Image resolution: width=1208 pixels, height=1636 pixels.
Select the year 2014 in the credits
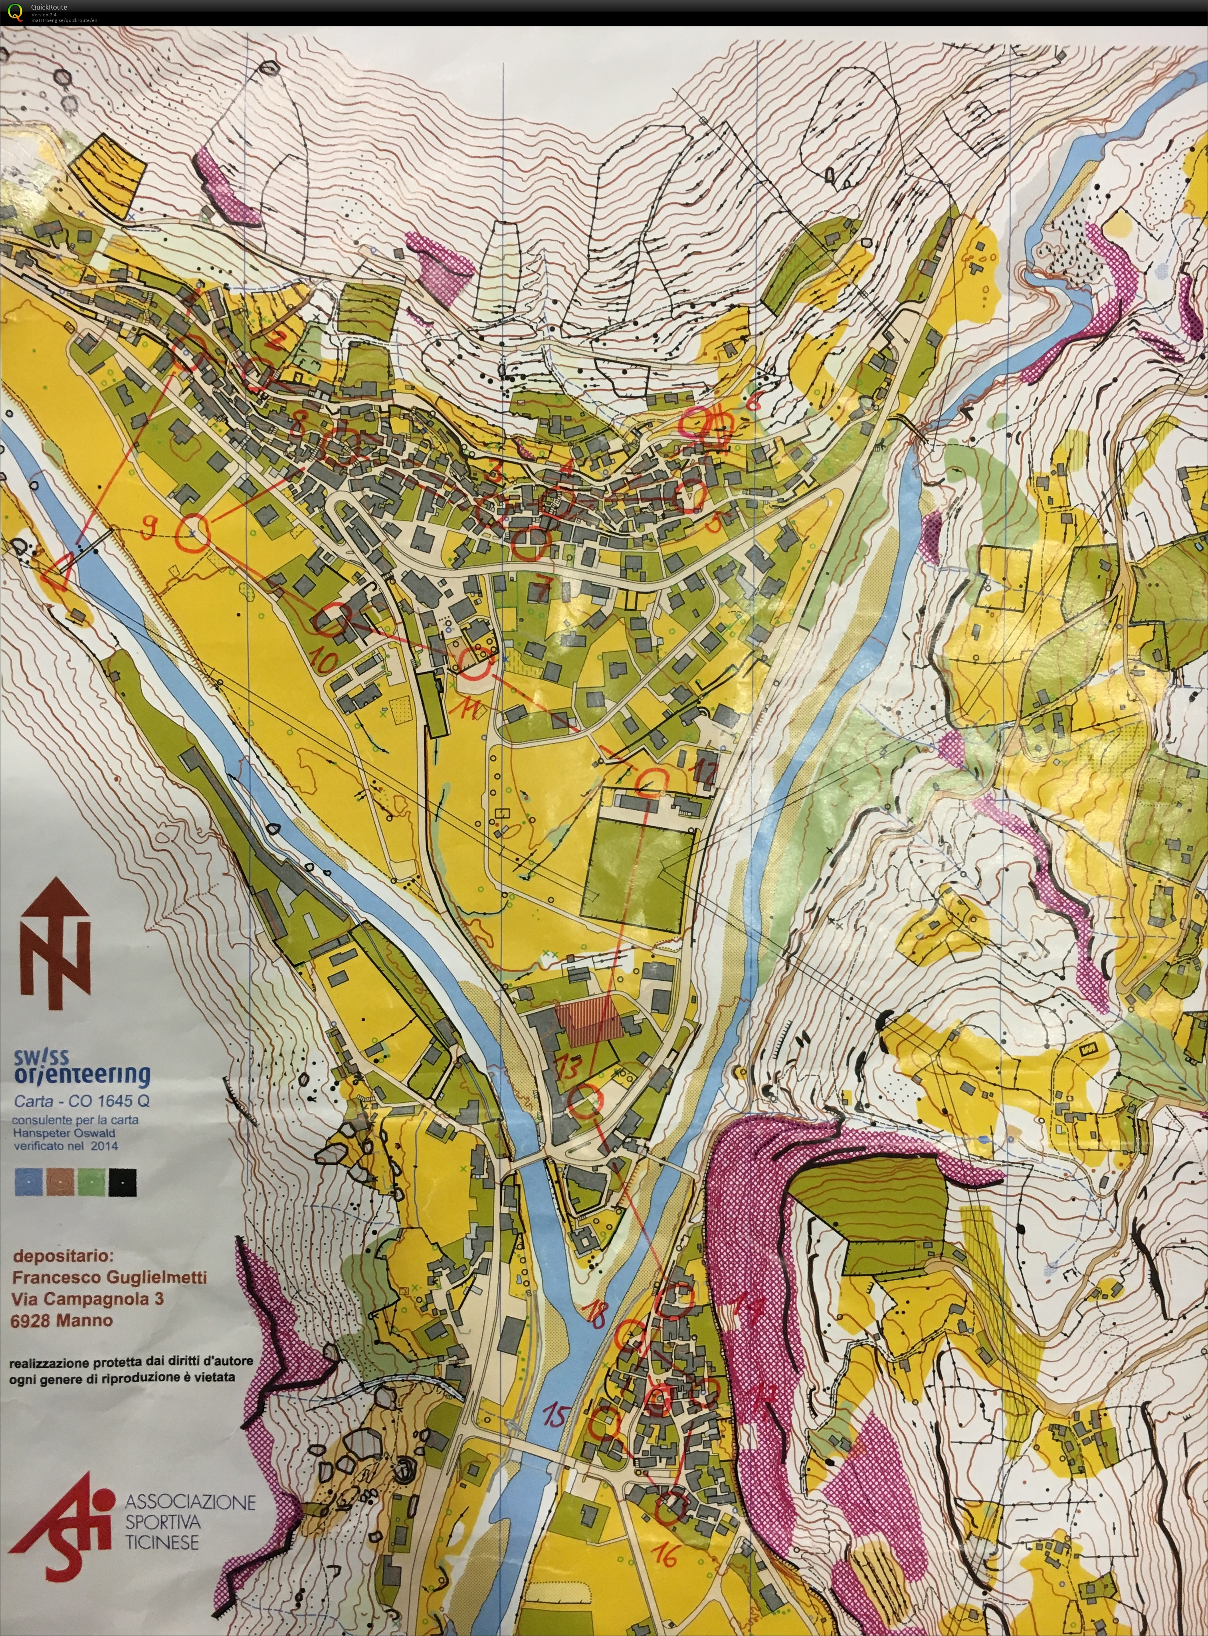102,1146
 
